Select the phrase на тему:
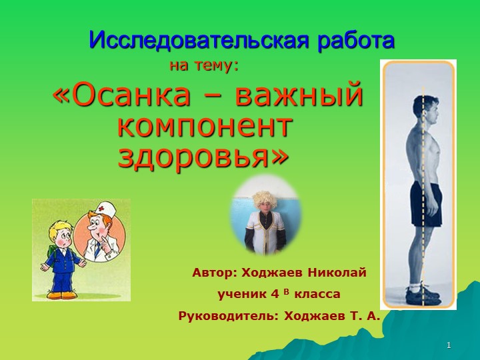(205, 66)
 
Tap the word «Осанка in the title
(129, 97)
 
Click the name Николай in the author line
(337, 273)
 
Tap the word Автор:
(215, 273)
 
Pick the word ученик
(241, 294)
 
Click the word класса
(317, 294)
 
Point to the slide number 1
(449, 345)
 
